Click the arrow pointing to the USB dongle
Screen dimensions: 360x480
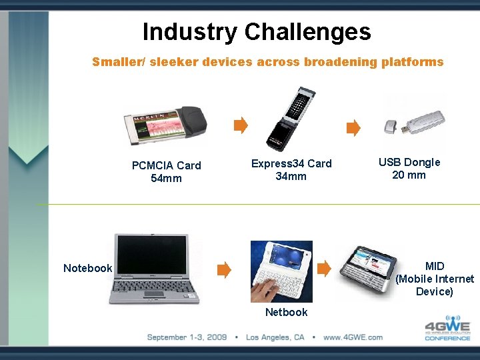[353, 127]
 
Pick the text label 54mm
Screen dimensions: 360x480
[166, 178]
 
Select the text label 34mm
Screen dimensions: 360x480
[291, 176]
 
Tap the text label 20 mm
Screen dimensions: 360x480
[409, 175]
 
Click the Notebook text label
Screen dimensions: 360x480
[87, 268]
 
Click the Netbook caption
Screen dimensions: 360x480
[286, 312]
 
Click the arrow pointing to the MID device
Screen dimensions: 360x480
[324, 269]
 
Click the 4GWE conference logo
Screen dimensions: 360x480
[447, 327]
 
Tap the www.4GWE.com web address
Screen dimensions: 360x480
[353, 337]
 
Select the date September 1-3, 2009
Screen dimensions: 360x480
[187, 337]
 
